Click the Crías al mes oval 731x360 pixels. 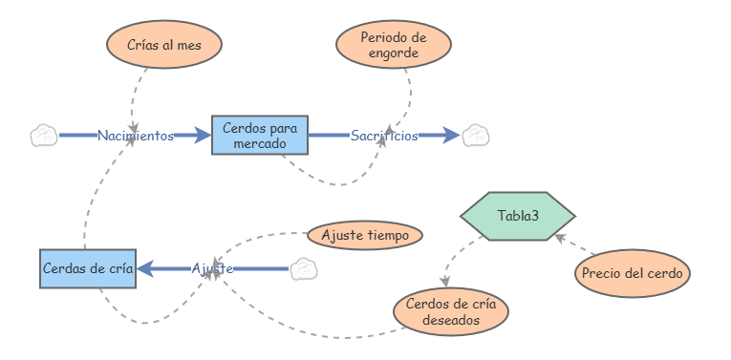tap(164, 45)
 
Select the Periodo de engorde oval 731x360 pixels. tap(394, 45)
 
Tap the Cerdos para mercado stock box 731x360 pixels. tap(260, 136)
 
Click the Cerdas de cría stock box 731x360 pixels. tap(88, 269)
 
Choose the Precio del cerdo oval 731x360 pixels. tap(633, 274)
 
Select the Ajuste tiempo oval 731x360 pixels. tap(365, 235)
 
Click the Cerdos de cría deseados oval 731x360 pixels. tap(451, 312)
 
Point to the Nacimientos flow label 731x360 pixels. tap(136, 136)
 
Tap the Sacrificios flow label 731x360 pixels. tap(384, 136)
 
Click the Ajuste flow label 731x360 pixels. tap(212, 269)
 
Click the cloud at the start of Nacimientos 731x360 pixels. tap(43, 136)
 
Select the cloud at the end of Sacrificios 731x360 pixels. tap(476, 136)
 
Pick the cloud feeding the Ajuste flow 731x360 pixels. tap(303, 269)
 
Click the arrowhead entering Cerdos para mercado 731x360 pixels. tap(202, 136)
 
